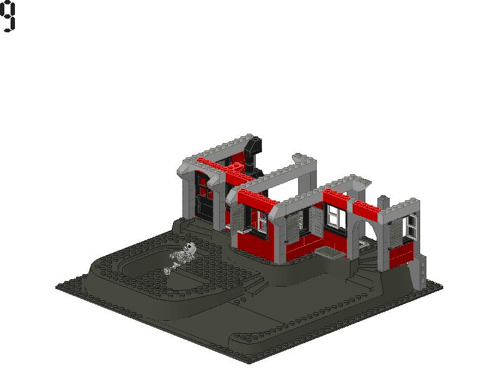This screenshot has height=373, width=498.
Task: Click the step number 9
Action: point(7,16)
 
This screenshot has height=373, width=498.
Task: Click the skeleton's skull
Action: point(190,247)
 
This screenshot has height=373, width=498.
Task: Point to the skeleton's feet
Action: point(168,270)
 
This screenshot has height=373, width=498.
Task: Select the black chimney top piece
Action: point(254,147)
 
